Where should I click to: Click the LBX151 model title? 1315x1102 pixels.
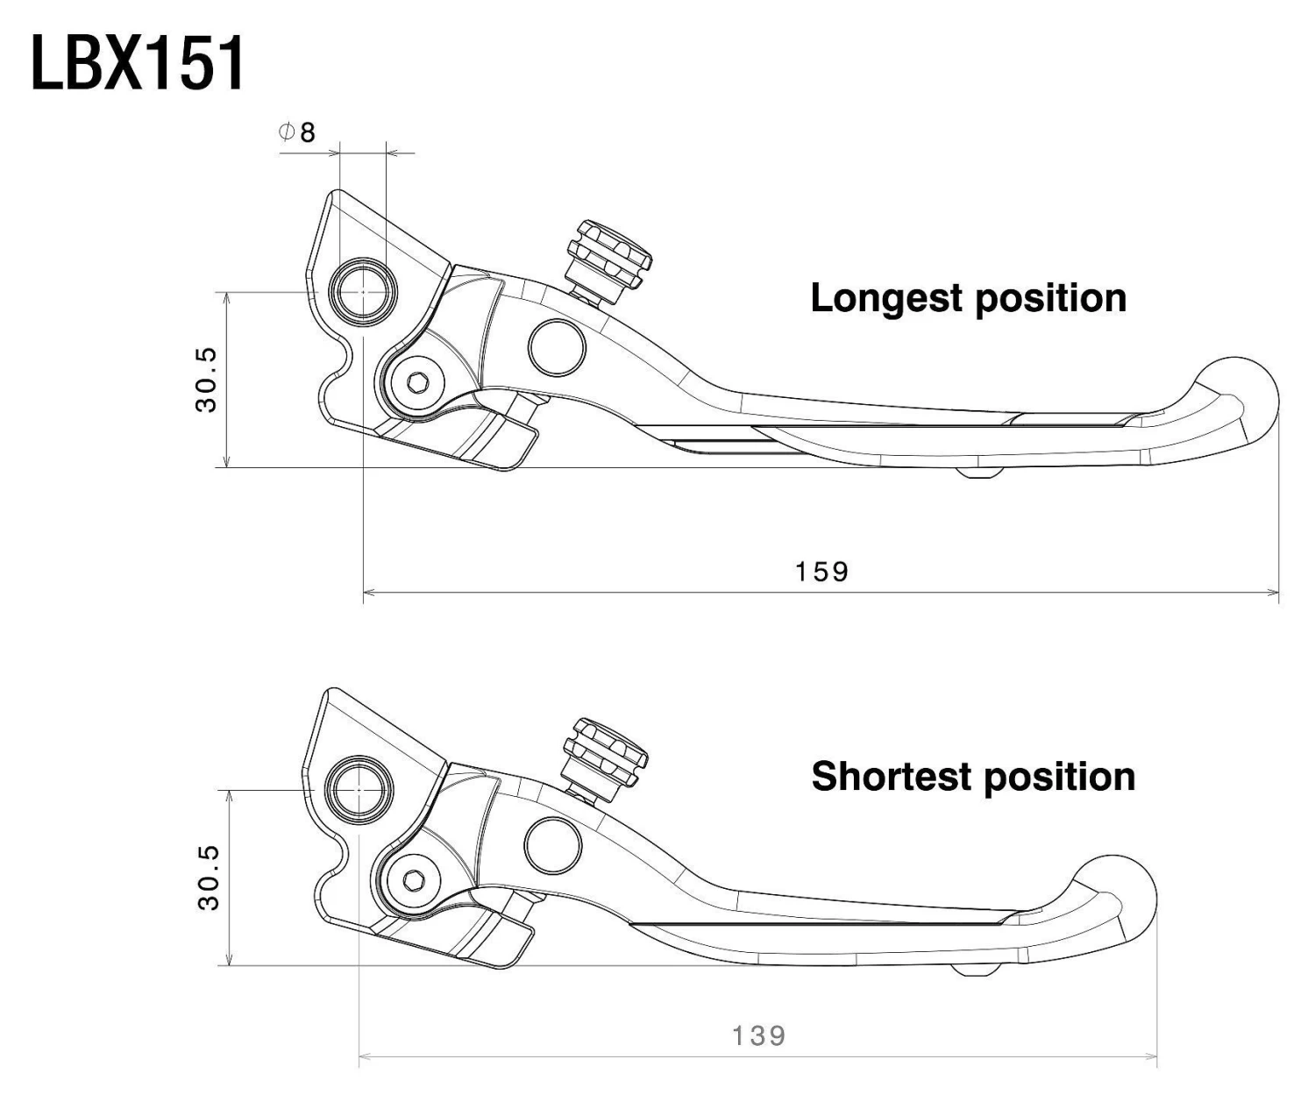(139, 65)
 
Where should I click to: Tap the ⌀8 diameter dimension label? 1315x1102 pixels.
(297, 132)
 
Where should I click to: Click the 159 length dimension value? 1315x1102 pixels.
(821, 572)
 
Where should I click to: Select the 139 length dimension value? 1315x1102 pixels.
(759, 1035)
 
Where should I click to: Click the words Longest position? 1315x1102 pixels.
(968, 298)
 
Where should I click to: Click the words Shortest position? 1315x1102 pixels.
(973, 777)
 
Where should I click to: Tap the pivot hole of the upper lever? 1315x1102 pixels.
(362, 292)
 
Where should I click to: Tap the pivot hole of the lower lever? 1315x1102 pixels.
(358, 789)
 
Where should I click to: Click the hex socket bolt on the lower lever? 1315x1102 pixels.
(415, 879)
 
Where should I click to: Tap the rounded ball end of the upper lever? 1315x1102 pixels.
(1240, 395)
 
